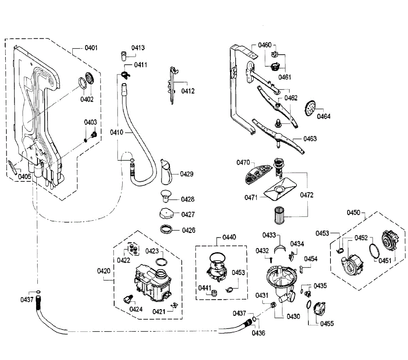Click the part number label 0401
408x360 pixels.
[x=91, y=48]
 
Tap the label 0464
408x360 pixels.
[x=324, y=116]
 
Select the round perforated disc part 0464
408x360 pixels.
[x=310, y=108]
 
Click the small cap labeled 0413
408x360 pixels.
[x=123, y=56]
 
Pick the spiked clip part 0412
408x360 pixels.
[x=173, y=85]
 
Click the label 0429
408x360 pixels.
[x=186, y=174]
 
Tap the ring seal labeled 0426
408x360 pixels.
[x=167, y=229]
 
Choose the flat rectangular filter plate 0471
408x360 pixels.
[x=280, y=189]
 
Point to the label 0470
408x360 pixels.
[x=243, y=162]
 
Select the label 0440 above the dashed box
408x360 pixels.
[x=229, y=237]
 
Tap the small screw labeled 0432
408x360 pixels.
[x=271, y=260]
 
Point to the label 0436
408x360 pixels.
[x=258, y=333]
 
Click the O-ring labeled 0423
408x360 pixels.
[x=161, y=262]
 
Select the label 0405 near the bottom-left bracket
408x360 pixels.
[x=24, y=177]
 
